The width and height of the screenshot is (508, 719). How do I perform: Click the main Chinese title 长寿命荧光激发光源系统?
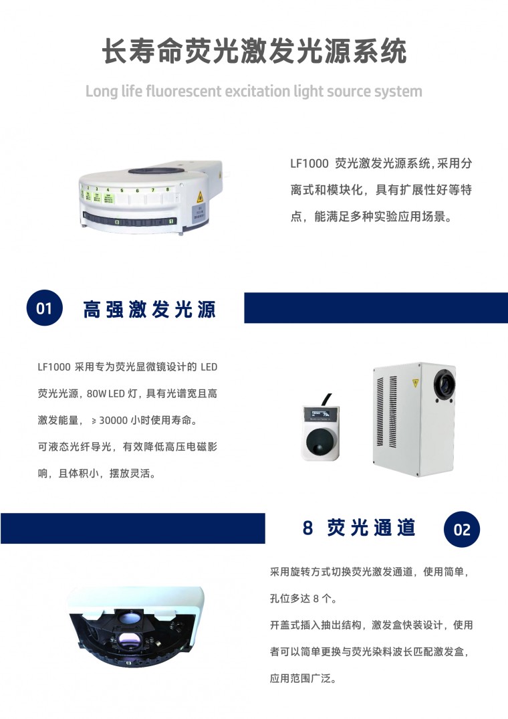254,50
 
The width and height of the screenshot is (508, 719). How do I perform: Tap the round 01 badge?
44,308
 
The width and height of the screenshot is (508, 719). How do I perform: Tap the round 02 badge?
462,530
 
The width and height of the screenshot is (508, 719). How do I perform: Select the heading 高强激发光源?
149,310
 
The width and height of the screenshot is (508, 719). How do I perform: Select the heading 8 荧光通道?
359,528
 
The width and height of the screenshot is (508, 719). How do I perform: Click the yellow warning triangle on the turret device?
200,197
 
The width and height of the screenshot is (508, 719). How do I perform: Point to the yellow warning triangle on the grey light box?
416,383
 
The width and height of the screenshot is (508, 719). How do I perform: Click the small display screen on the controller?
321,415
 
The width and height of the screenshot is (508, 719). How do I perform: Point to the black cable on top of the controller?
326,399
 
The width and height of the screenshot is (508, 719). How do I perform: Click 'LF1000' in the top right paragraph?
309,164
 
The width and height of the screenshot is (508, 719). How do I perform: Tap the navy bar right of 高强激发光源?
376,308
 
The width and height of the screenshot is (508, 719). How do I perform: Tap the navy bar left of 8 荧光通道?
133,528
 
